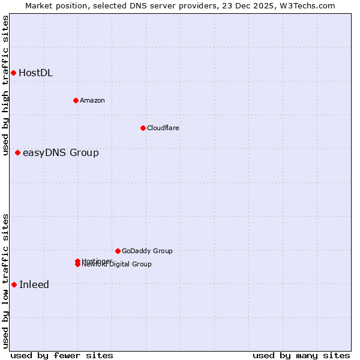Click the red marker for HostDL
(x=13, y=73)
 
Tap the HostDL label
(x=35, y=73)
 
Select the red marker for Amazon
(x=76, y=100)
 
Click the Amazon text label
(x=92, y=100)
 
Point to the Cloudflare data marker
(x=143, y=128)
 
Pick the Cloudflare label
(x=163, y=128)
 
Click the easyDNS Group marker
(x=18, y=152)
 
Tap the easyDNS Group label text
(x=61, y=153)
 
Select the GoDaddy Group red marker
(x=118, y=251)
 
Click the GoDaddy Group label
(x=147, y=251)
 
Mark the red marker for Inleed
(x=14, y=284)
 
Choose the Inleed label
(x=34, y=285)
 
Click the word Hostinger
(x=96, y=260)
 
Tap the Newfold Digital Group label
(x=118, y=265)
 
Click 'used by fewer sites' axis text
(x=62, y=355)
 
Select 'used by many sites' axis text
(x=301, y=355)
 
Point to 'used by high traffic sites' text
(x=6, y=85)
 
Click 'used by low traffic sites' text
(x=6, y=281)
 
